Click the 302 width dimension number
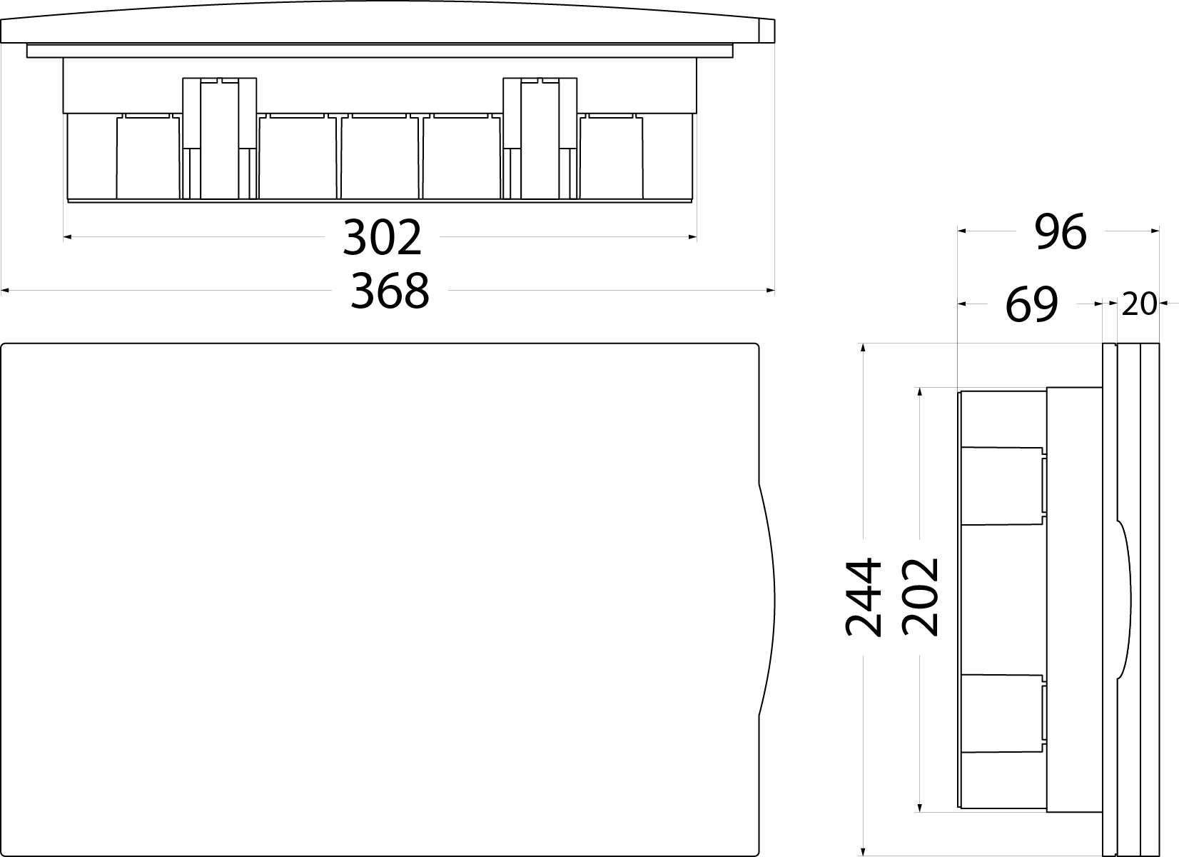383,238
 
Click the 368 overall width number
390,291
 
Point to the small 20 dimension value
1138,305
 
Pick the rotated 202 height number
920,597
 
